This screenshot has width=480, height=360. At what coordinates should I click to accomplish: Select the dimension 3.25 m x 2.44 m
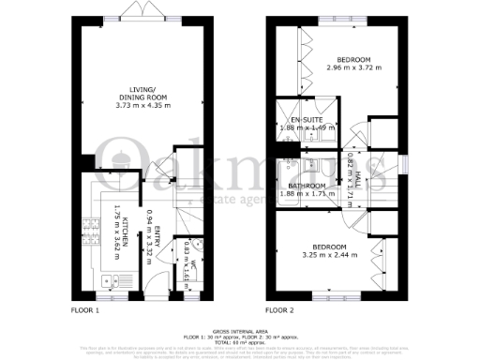coord(330,254)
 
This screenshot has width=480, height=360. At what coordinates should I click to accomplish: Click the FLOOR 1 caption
coord(89,308)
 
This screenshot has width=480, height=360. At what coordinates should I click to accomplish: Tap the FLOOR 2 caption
coord(278,308)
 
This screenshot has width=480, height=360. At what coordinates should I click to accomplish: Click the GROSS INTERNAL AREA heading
coord(240,332)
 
